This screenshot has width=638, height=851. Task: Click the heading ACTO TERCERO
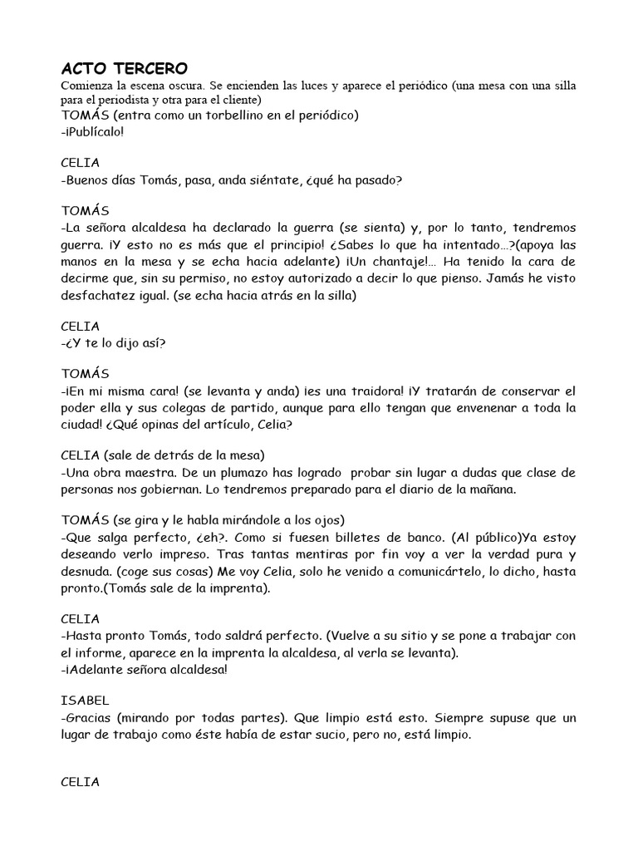coord(125,67)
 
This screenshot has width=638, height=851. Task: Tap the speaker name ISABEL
coord(86,701)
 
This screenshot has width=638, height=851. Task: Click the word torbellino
coord(227,115)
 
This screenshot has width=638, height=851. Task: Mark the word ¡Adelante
coord(96,669)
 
